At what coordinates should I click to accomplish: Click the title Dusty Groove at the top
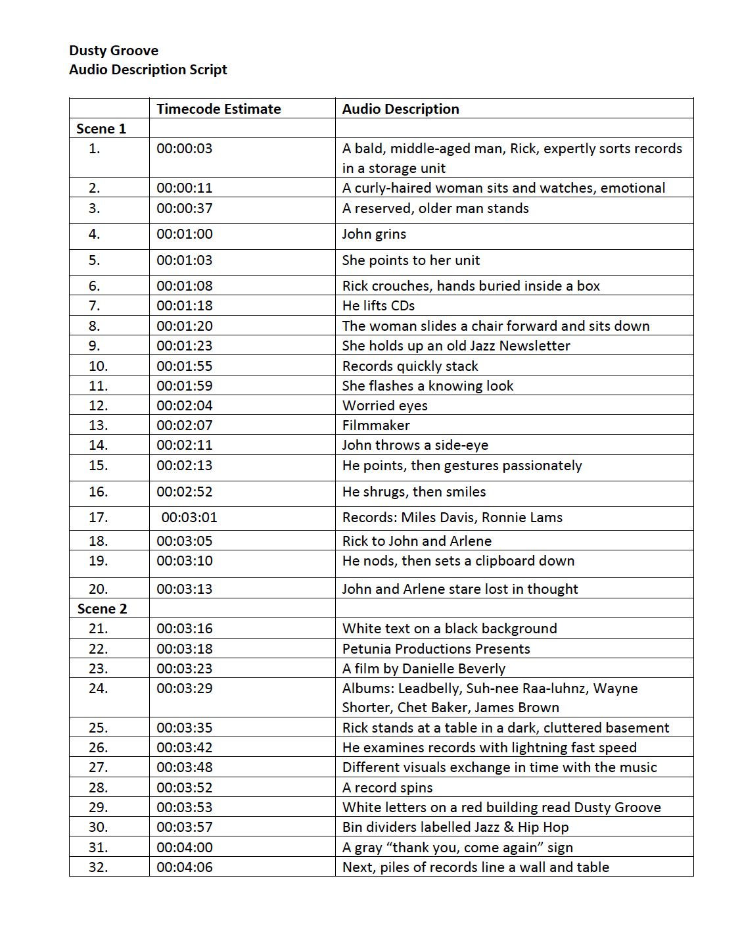(x=114, y=51)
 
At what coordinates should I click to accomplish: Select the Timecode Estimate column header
(x=218, y=109)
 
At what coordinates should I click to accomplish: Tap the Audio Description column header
(x=400, y=109)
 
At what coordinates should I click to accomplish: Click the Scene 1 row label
(x=101, y=129)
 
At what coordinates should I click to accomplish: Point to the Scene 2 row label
(x=102, y=609)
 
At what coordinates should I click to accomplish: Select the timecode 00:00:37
(x=184, y=208)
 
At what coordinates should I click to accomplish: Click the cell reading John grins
(x=374, y=234)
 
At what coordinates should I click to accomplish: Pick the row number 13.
(x=98, y=425)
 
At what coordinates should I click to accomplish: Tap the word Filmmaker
(x=376, y=425)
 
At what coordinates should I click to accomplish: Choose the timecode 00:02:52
(x=184, y=492)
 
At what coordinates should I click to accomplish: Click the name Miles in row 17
(x=418, y=518)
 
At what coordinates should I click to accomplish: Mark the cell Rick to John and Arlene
(x=417, y=541)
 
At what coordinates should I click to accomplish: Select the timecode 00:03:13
(x=184, y=589)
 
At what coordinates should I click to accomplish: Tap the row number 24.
(x=98, y=689)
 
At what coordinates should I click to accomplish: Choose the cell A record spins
(x=387, y=788)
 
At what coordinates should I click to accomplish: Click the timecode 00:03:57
(x=184, y=827)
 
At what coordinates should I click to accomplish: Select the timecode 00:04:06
(x=184, y=867)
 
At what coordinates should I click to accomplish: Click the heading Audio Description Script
(x=148, y=70)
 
